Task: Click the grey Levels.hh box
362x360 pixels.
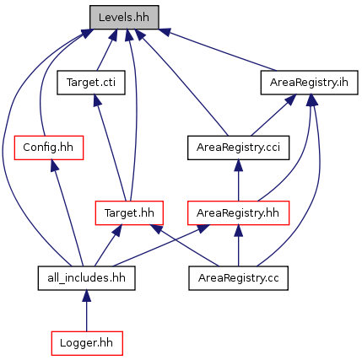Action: coord(124,17)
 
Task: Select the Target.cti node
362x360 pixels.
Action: coord(91,83)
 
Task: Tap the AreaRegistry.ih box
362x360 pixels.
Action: coord(309,83)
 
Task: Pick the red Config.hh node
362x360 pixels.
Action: coord(49,148)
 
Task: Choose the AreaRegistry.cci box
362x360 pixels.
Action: coord(238,148)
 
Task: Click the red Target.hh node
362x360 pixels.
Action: coord(129,212)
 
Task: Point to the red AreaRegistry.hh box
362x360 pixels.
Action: coord(238,212)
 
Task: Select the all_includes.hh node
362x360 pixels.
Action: coord(86,278)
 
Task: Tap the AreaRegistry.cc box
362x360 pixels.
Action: coord(238,278)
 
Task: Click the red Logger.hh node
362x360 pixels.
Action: coord(87,343)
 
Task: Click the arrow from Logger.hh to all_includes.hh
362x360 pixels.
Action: coord(87,311)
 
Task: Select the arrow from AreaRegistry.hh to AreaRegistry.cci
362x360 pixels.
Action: coord(239,180)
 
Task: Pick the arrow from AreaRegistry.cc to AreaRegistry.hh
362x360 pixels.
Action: coord(239,245)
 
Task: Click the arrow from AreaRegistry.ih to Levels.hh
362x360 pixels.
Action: coord(218,50)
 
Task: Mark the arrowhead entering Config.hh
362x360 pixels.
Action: coord(54,165)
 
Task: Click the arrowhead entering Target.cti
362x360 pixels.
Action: coord(97,100)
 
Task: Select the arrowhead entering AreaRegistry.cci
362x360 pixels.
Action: coord(239,165)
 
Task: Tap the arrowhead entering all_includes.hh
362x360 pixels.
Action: coord(87,296)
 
